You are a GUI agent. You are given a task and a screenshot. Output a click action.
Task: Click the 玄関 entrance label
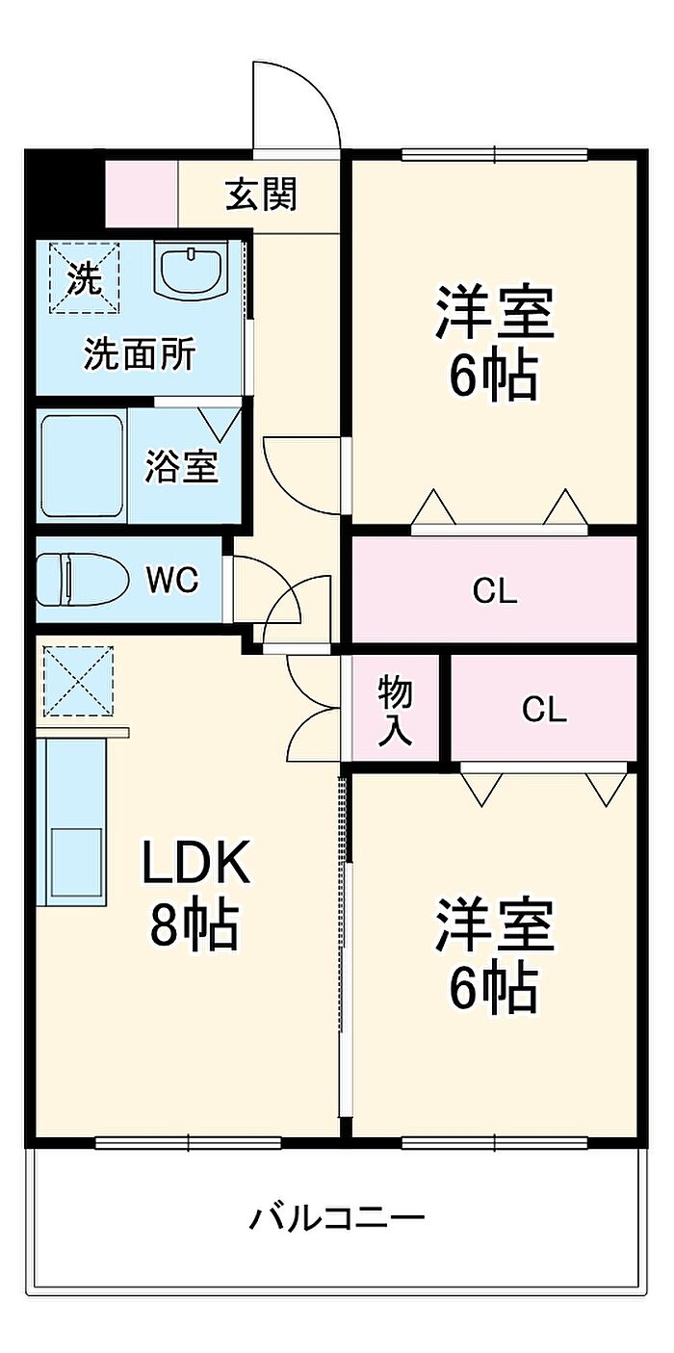click(x=261, y=195)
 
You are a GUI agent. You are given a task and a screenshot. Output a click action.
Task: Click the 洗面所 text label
click(x=140, y=354)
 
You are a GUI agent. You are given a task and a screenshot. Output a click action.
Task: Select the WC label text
click(x=172, y=580)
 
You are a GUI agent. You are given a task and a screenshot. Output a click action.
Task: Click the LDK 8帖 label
click(x=195, y=894)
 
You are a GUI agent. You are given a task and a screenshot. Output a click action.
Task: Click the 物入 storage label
click(x=395, y=710)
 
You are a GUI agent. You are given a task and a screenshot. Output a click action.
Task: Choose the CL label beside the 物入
click(x=544, y=710)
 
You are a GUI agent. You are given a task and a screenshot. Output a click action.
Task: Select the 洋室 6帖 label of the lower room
click(x=494, y=955)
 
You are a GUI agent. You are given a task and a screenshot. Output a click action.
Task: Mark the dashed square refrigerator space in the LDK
click(x=78, y=681)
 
